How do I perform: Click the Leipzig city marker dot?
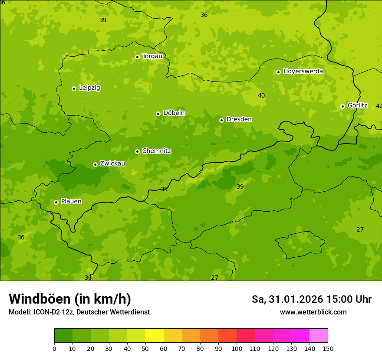(x=74, y=88)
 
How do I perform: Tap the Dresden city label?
(x=239, y=119)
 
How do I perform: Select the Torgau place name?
(x=152, y=56)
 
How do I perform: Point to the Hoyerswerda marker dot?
(x=278, y=72)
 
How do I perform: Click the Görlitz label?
(x=357, y=105)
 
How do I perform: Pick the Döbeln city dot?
(x=158, y=114)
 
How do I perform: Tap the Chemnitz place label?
(x=156, y=151)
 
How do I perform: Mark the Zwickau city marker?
(x=95, y=164)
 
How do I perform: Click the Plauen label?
(x=71, y=201)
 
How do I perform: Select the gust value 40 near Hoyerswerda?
(x=261, y=95)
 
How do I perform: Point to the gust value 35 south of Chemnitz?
(x=164, y=189)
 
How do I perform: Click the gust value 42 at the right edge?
(x=379, y=106)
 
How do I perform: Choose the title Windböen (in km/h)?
(x=70, y=299)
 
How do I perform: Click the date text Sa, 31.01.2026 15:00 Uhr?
(x=311, y=299)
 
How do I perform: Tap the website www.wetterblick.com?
(x=313, y=312)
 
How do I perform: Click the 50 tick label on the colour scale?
(x=145, y=348)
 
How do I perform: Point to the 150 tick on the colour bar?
(x=327, y=348)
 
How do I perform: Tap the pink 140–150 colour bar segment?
(x=319, y=336)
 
